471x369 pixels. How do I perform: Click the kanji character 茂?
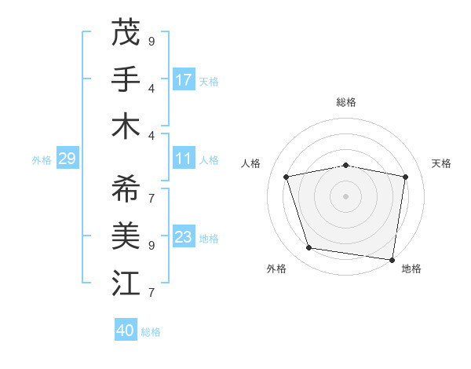[126, 32]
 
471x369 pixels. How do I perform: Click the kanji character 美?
[126, 235]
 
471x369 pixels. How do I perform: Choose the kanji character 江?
[126, 283]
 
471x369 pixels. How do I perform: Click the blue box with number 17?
[184, 80]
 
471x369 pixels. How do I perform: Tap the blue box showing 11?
[184, 159]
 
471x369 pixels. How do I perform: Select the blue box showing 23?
[184, 237]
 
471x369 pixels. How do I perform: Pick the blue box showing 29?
[67, 159]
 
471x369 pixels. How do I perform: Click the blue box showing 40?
[126, 331]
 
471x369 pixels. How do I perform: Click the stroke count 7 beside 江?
[152, 293]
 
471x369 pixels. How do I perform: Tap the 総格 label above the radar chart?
[345, 102]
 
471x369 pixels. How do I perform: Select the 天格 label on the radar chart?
[442, 163]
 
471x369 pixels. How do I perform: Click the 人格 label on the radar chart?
[251, 163]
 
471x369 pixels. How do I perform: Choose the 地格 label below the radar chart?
[411, 269]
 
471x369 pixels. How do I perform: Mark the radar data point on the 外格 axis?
[309, 248]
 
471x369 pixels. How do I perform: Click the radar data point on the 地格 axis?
[392, 259]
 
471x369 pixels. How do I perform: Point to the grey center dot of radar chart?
[345, 195]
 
